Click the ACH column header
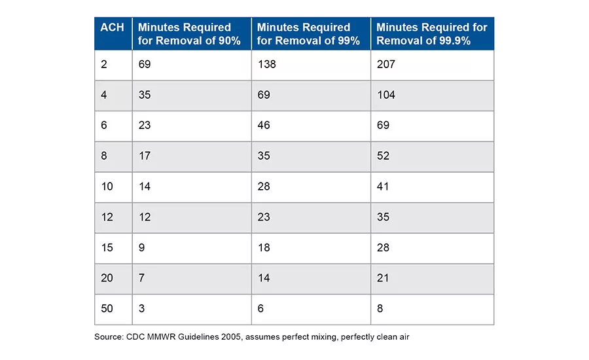(112, 27)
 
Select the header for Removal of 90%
(189, 34)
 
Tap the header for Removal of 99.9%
(432, 34)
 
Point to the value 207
(385, 64)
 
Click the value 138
(267, 64)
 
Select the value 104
(385, 95)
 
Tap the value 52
(383, 156)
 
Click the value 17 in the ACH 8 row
(145, 156)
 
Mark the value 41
(383, 187)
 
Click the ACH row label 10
(107, 187)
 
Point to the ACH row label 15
(107, 247)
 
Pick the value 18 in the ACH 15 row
(264, 247)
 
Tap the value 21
(383, 278)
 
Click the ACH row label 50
(107, 308)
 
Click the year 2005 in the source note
(231, 336)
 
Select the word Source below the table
(109, 336)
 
